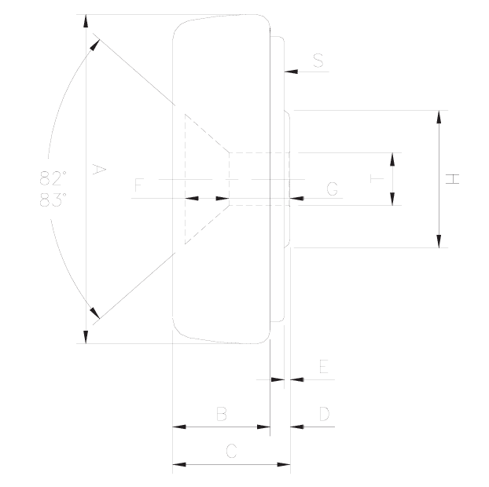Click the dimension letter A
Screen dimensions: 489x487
[x=100, y=170]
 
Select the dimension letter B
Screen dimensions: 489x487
[x=222, y=414]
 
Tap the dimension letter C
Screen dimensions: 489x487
[x=231, y=451]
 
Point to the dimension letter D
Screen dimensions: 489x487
[x=325, y=414]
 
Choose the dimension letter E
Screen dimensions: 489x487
[x=324, y=366]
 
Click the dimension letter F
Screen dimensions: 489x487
[x=138, y=185]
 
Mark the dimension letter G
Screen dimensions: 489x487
[x=333, y=189]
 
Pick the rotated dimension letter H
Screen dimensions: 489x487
[x=452, y=179]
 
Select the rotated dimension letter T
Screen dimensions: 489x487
[x=377, y=179]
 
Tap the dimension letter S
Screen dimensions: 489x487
[x=318, y=60]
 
